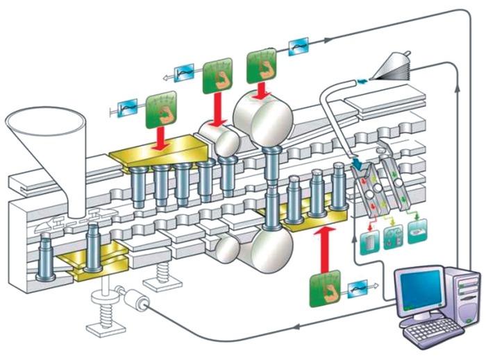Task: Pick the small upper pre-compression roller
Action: coord(217,139)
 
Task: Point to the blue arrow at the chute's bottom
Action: coord(358,166)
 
